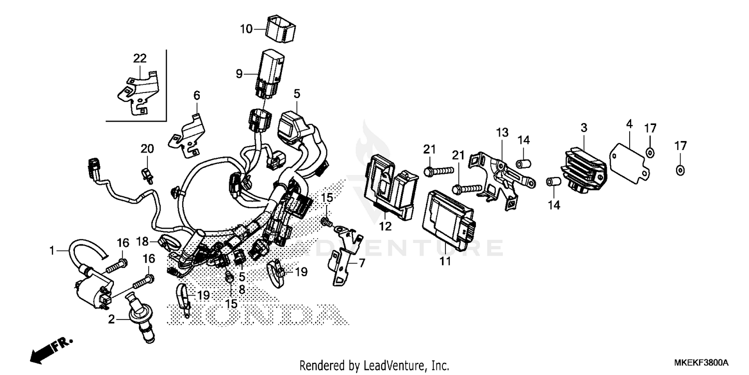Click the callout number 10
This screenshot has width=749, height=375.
coord(246,29)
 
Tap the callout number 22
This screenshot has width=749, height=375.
coord(139,58)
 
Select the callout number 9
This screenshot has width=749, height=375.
coord(239,74)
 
